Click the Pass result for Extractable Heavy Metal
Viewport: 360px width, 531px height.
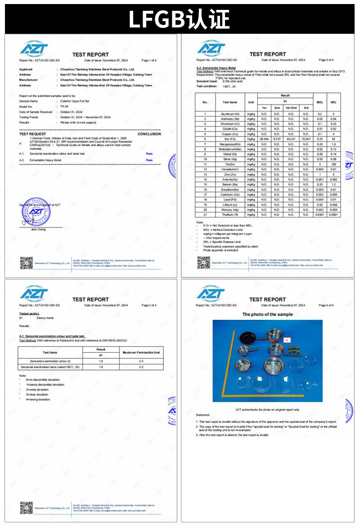149,160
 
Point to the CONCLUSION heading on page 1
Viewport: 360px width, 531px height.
149,134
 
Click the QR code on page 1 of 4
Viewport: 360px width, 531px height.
27,263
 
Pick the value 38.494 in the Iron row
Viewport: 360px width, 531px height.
265,139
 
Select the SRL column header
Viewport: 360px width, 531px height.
333,102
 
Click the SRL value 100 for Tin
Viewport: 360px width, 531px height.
333,164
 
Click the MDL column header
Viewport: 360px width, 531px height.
320,102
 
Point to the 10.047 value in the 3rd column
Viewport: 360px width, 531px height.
306,139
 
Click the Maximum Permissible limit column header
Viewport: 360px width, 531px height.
141,352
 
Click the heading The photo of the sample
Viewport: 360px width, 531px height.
267,315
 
